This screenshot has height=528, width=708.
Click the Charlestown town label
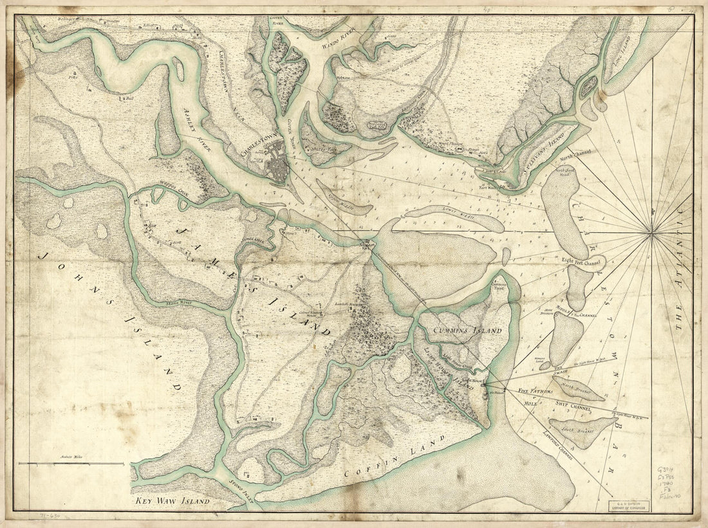click(x=257, y=147)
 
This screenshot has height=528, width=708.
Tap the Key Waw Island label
click(x=172, y=500)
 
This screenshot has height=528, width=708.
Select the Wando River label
click(x=339, y=27)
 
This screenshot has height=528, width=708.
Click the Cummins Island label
click(x=467, y=331)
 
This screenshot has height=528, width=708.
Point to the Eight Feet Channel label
click(x=582, y=261)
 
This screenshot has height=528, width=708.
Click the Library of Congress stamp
click(x=629, y=505)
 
